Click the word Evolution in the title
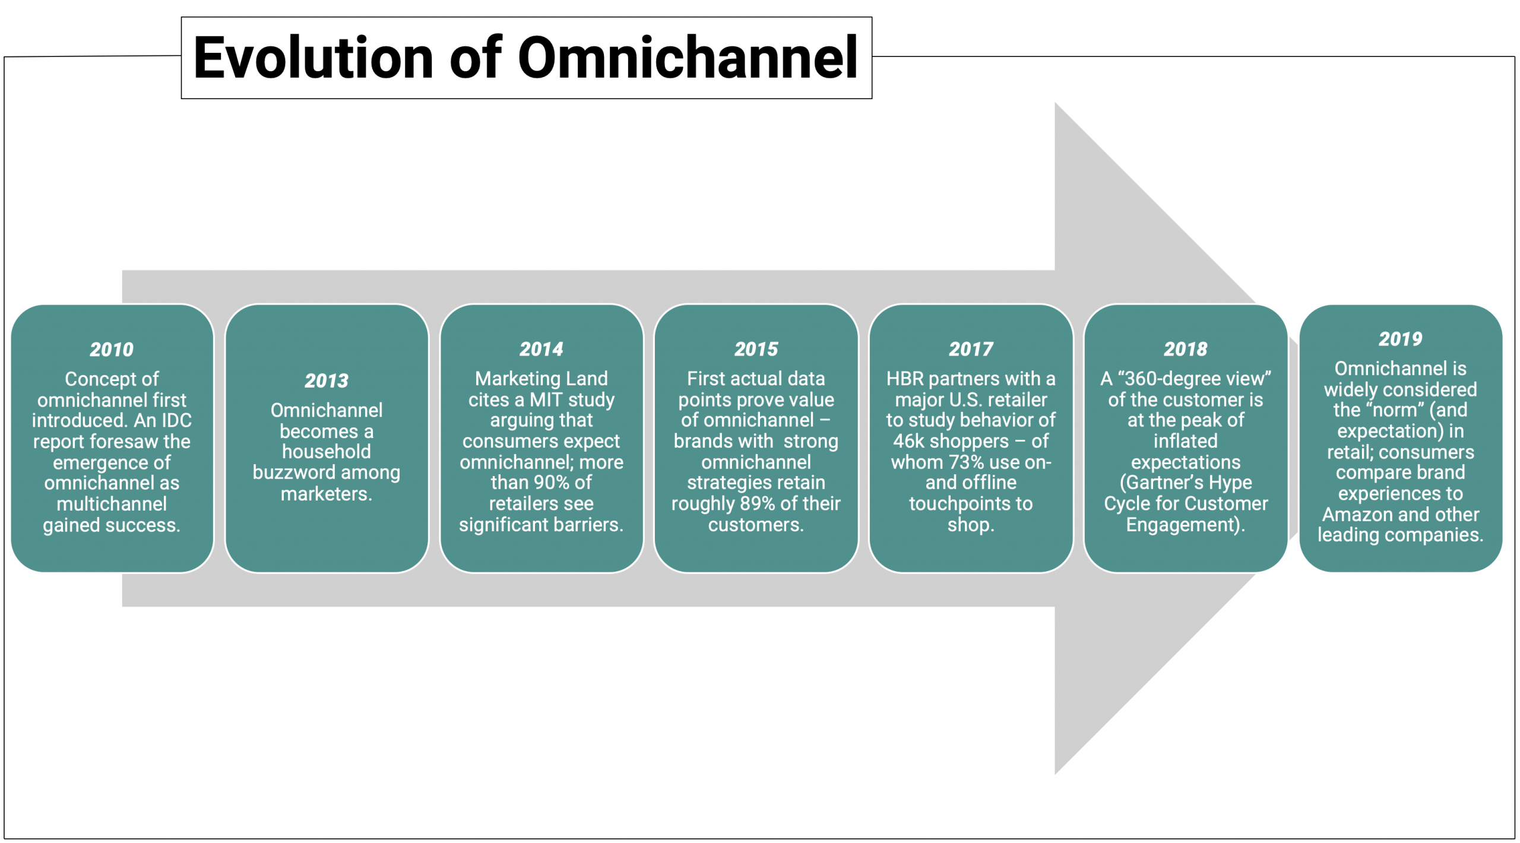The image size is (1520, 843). click(x=313, y=58)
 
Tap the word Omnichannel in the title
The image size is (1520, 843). click(x=688, y=58)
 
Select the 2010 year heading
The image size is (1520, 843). click(x=112, y=350)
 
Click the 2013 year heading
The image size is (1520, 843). click(x=327, y=381)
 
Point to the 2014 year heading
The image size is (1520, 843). click(x=541, y=349)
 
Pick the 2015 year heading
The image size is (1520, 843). click(x=756, y=349)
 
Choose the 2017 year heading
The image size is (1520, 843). click(x=971, y=349)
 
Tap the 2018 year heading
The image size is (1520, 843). click(x=1186, y=349)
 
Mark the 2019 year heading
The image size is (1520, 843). click(x=1401, y=339)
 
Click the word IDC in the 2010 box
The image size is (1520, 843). click(x=176, y=420)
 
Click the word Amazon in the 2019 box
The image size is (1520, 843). click(x=1356, y=514)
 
